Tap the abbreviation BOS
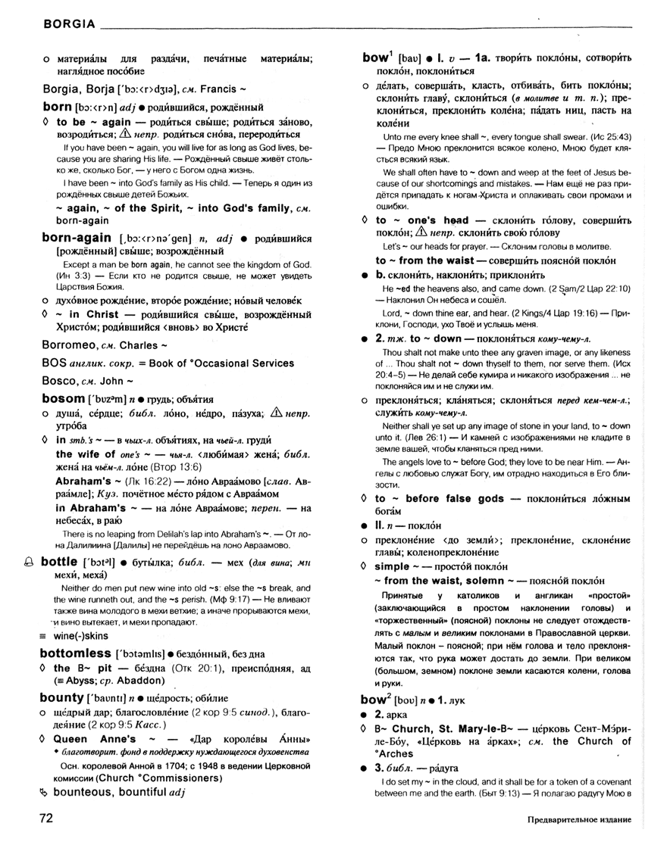(x=55, y=363)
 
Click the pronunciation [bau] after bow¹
(x=410, y=58)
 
